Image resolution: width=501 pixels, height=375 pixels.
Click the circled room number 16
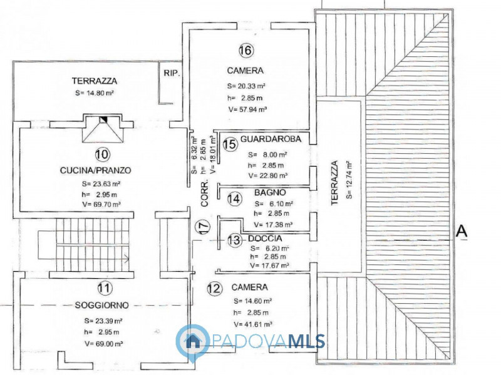click(245, 50)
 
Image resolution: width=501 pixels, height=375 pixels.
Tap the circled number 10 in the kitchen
click(102, 154)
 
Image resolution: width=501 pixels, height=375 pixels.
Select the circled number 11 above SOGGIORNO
click(105, 288)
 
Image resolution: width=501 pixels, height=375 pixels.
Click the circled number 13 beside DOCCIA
click(234, 240)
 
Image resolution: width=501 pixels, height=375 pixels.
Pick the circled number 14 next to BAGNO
click(234, 199)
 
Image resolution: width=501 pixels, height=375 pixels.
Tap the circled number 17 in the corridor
click(202, 227)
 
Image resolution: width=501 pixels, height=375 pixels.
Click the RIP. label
click(172, 73)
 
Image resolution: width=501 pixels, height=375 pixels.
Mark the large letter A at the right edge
click(462, 231)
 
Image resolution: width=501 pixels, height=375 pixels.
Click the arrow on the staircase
click(125, 257)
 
